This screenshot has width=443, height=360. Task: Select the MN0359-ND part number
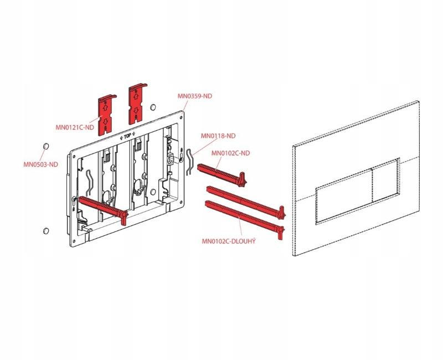click(x=194, y=96)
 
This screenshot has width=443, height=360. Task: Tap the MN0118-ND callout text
click(x=218, y=136)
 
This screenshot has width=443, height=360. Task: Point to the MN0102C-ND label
click(x=231, y=153)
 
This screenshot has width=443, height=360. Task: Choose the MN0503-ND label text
click(x=40, y=164)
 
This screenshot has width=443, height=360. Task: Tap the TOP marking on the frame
click(x=127, y=135)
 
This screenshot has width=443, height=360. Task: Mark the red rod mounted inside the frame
click(x=102, y=207)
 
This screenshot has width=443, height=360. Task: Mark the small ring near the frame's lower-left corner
click(x=46, y=230)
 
